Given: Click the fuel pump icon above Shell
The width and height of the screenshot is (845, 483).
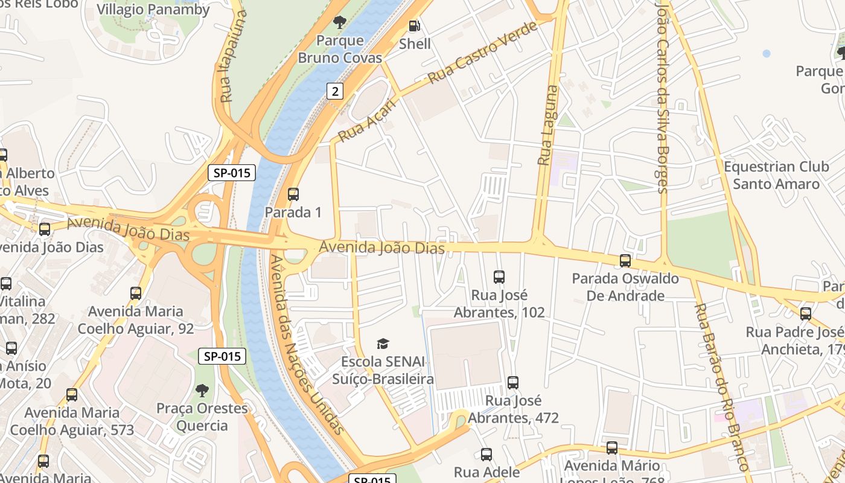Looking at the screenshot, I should click(x=415, y=25).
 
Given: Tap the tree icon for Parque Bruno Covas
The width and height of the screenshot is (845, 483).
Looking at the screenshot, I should click(x=340, y=22).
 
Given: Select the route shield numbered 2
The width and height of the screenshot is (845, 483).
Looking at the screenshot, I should click(x=335, y=91).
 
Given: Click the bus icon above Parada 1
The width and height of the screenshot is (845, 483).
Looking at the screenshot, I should click(x=293, y=194).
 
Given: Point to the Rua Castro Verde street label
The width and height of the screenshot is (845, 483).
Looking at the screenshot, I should click(x=482, y=53).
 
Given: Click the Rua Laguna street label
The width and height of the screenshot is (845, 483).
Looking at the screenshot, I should click(x=547, y=126).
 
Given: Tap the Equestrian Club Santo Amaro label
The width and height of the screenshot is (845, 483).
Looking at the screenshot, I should click(x=776, y=175).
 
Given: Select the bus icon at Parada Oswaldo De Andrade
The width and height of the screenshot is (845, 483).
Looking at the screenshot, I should click(x=625, y=261).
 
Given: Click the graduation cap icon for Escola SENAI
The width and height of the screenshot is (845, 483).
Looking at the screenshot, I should click(x=383, y=344).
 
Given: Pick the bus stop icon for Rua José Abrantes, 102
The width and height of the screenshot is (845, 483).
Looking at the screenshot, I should click(x=499, y=277).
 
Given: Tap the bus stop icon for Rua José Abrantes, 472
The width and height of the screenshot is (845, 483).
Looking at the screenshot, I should click(x=513, y=382).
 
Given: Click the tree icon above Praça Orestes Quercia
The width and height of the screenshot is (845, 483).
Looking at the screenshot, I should click(x=202, y=390).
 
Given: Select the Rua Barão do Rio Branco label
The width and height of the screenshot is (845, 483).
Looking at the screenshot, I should click(x=721, y=386).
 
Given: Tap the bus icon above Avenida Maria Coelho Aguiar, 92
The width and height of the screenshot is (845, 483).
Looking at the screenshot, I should click(x=136, y=293).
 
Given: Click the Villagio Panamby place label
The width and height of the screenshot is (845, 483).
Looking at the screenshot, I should click(x=153, y=10).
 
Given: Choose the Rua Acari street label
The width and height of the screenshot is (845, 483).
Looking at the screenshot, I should click(x=368, y=121).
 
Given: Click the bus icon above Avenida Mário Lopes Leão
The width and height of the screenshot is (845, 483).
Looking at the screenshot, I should click(x=612, y=448).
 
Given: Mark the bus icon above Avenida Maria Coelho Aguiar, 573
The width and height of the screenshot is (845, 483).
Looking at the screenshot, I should click(x=72, y=395).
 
